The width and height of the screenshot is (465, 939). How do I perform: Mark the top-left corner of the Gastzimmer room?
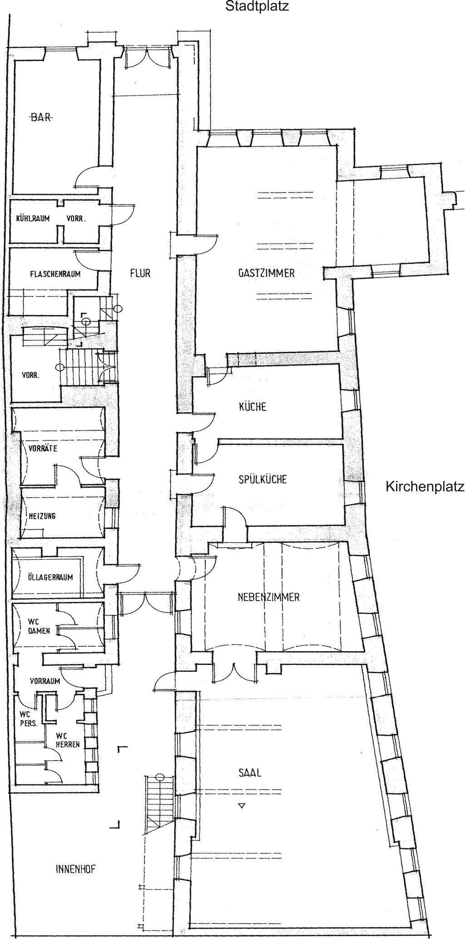tap(197, 146)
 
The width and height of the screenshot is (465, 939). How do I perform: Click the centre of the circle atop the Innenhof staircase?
tap(160, 776)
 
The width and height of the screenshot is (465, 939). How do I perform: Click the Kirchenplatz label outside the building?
tap(425, 486)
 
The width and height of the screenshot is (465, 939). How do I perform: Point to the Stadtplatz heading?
tap(257, 6)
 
